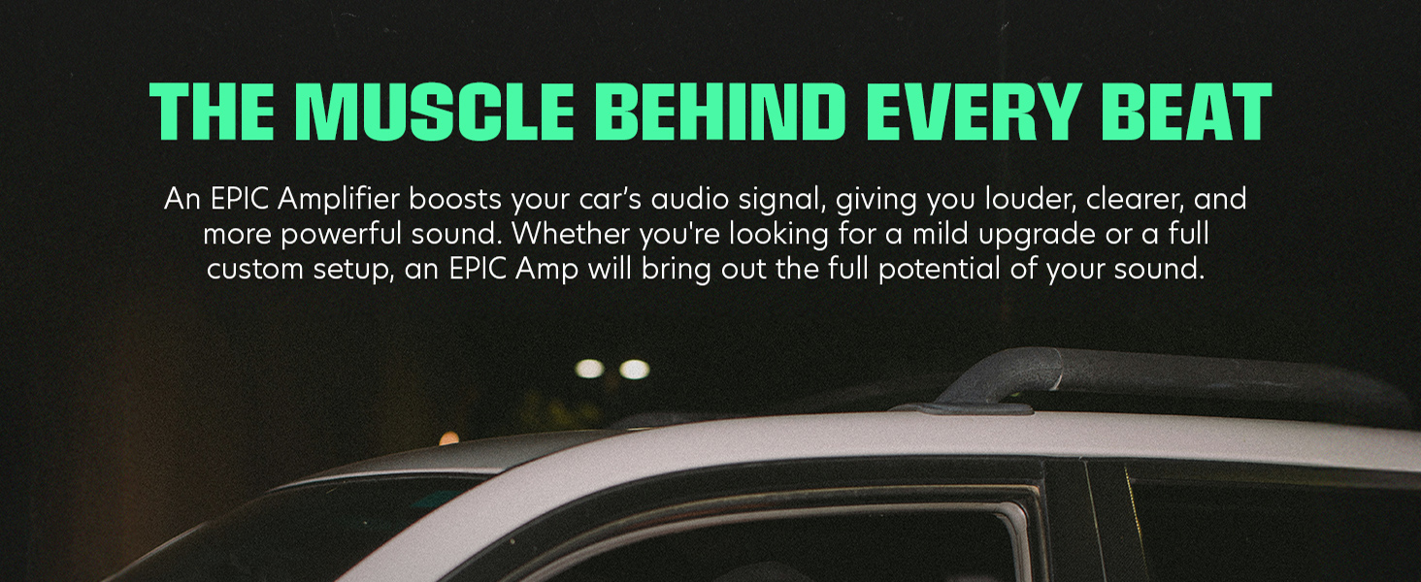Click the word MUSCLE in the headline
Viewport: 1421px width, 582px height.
tap(435, 111)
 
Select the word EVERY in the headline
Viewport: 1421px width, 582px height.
tap(975, 111)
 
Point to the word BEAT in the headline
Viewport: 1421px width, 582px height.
tap(1187, 111)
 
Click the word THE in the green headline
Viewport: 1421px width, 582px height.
tap(212, 111)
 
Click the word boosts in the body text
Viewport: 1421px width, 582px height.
tap(455, 199)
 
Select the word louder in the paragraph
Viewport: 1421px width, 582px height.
tap(1031, 199)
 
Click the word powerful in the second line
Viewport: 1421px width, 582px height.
tap(341, 235)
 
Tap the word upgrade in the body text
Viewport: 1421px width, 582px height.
tap(1037, 235)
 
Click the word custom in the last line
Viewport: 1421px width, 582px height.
tap(255, 270)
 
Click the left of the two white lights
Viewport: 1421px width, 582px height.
tap(589, 369)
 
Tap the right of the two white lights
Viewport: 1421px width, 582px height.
tap(635, 369)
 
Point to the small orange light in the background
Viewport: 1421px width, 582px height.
tap(449, 437)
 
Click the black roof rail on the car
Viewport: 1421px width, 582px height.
tap(1141, 374)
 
